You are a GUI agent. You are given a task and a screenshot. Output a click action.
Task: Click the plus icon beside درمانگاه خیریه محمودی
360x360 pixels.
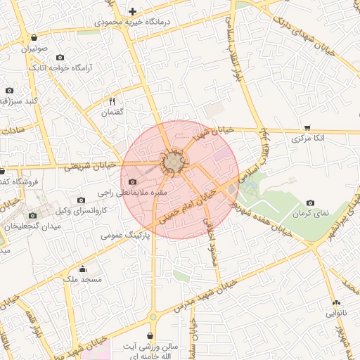pos(132,11)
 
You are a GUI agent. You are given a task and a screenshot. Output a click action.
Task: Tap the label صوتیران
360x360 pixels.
pos(34,49)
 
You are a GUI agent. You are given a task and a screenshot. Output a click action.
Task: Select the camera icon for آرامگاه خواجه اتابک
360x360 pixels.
pos(60,57)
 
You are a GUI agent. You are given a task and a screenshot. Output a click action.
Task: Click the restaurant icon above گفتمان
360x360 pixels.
pos(112,102)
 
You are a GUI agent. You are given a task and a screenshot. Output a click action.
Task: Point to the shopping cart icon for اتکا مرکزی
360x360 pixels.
pos(307,127)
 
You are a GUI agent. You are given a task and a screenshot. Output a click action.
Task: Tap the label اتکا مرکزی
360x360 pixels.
pos(309,139)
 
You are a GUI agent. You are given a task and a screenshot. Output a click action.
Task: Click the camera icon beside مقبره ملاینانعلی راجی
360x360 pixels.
pos(132,182)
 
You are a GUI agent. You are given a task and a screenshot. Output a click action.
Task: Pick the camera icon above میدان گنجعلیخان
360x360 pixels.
pos(32,215)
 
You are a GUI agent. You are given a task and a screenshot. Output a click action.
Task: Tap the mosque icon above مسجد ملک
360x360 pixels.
pos(82,269)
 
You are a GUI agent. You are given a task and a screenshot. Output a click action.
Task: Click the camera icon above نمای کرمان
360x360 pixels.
pos(310,202)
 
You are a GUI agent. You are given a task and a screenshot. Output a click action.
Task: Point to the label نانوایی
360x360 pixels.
pos(335,313)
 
